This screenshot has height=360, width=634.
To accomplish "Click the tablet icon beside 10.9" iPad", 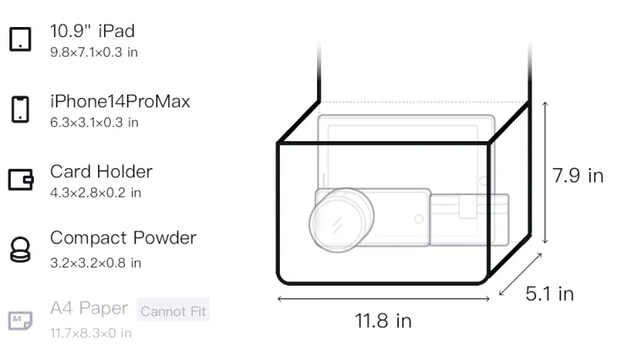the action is tap(20, 39).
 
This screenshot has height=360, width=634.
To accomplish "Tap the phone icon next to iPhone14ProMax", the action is tap(20, 109).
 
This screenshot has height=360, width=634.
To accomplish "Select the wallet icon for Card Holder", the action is tap(20, 179).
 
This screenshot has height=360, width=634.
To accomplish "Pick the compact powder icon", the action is tap(20, 249).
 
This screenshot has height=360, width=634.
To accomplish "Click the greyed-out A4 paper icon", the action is tap(20, 320).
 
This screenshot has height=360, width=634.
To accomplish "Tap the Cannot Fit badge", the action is tap(173, 311).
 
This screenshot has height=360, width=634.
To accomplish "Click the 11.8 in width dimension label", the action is tap(383, 321).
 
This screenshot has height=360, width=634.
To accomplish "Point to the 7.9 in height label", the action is tap(578, 176).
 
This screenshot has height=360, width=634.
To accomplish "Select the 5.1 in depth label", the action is tap(549, 294).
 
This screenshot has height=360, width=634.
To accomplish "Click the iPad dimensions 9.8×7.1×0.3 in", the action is tap(94, 52).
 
